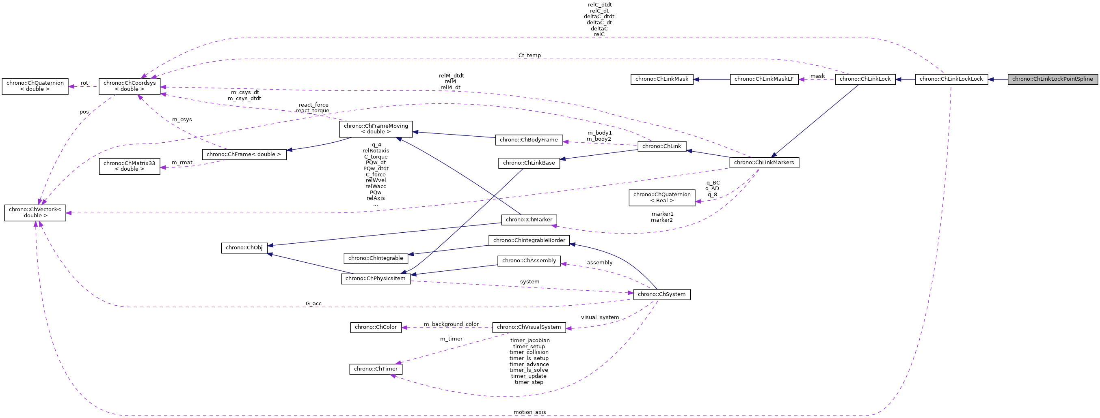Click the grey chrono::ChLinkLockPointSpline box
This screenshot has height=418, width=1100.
point(1052,79)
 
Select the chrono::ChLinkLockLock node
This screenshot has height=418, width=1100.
point(951,79)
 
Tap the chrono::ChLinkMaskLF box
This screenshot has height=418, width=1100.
point(764,79)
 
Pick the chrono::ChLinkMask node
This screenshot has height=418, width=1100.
point(661,79)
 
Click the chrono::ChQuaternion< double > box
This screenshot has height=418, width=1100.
point(35,86)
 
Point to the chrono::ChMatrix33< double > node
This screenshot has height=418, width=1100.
point(130,166)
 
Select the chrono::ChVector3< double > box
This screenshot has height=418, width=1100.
point(35,212)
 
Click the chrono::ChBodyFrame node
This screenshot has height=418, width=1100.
point(529,139)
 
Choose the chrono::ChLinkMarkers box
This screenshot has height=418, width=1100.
point(764,162)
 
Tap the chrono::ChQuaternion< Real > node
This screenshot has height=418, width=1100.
point(661,197)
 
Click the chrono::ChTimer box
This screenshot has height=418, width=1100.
point(375,369)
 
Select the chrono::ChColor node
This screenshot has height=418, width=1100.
point(375,327)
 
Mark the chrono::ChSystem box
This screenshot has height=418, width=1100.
point(661,294)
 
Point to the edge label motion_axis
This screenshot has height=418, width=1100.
point(529,412)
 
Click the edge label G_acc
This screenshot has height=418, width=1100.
point(313,304)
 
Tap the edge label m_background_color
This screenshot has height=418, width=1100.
point(451,324)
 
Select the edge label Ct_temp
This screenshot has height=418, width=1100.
point(529,56)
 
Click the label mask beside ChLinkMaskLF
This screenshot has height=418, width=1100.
point(817,76)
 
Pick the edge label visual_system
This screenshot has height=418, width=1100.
point(599,317)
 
